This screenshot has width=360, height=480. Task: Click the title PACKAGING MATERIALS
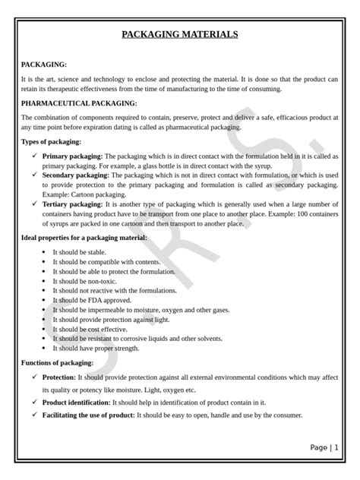pyautogui.click(x=180, y=34)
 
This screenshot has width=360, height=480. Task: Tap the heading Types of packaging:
pyautogui.click(x=51, y=142)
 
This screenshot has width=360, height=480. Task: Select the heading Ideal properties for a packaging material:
pyautogui.click(x=84, y=238)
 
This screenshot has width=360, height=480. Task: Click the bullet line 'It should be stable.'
pyautogui.click(x=80, y=252)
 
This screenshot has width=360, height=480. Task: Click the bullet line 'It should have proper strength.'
pyautogui.click(x=96, y=348)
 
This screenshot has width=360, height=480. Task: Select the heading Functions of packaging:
pyautogui.click(x=58, y=362)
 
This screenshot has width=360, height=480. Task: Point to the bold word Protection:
pyautogui.click(x=58, y=376)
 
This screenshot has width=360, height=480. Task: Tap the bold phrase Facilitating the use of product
pyautogui.click(x=88, y=415)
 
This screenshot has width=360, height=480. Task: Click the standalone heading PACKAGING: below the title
pyautogui.click(x=44, y=65)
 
